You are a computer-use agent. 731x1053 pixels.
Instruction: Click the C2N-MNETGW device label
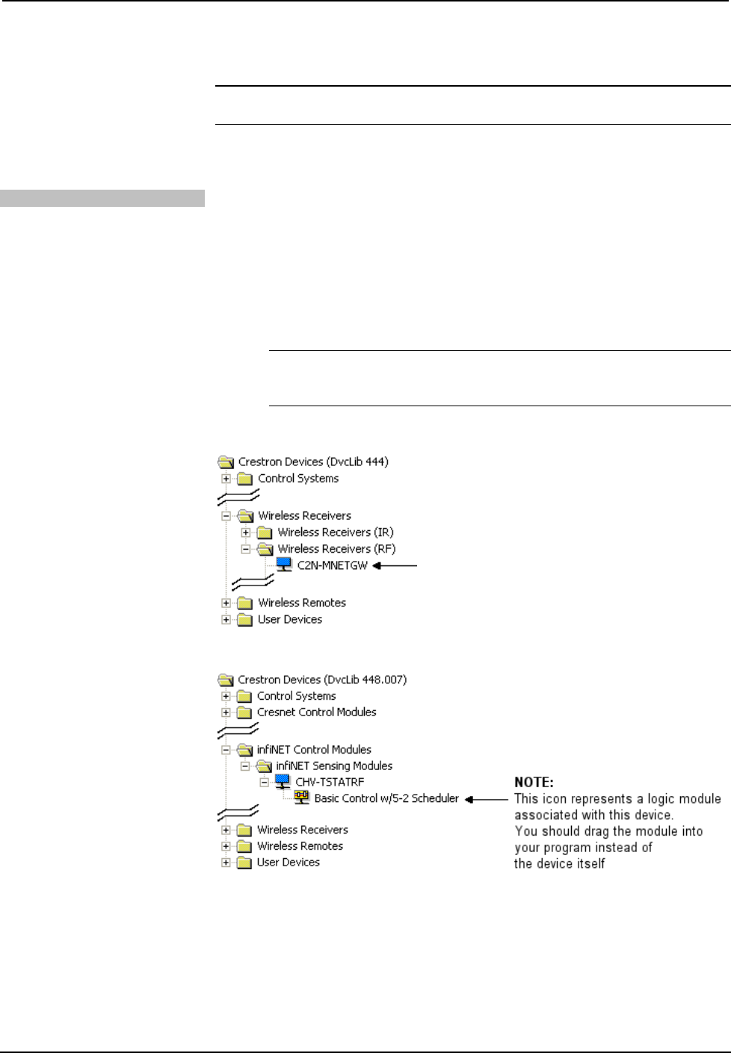tap(333, 565)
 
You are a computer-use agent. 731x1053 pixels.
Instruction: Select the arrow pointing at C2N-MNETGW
tap(395, 565)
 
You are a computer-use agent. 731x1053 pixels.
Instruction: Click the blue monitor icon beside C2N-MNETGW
tap(284, 565)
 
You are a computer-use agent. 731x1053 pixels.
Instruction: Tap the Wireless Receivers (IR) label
tap(336, 532)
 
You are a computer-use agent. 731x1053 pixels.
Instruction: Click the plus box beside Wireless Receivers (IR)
tap(245, 532)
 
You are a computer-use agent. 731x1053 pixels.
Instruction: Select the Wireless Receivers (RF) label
tap(336, 549)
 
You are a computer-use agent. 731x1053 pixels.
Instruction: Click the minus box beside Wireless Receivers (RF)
tap(245, 549)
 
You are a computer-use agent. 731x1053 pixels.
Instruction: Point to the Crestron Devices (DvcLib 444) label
tap(313, 462)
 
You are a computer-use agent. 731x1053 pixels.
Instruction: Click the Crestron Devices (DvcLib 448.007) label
tap(322, 680)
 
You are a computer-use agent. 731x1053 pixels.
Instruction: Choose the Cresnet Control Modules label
tap(316, 712)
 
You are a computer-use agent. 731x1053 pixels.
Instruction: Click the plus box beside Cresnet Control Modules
tap(226, 712)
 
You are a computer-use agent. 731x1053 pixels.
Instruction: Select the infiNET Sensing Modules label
tap(334, 765)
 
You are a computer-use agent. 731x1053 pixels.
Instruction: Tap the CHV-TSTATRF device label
tap(330, 782)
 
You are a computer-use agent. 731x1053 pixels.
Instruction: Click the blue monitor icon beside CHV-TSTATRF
tap(283, 781)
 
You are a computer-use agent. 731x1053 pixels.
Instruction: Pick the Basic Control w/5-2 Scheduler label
tap(386, 798)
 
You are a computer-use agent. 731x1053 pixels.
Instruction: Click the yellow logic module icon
tap(302, 798)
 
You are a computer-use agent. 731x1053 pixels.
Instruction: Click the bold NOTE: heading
tap(534, 782)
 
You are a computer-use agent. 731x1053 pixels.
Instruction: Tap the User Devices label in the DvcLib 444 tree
tap(290, 619)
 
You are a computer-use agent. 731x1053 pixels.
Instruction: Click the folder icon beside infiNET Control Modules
tap(244, 750)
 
